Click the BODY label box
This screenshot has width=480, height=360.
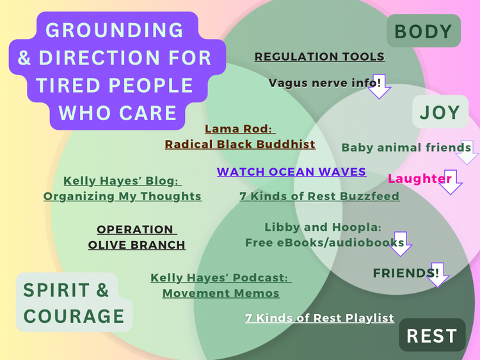pos(423,31)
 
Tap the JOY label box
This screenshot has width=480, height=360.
pos(440,113)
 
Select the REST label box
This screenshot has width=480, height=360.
pos(432,335)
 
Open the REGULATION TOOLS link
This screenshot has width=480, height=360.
pos(319,56)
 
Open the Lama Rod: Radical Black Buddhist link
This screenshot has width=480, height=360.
pos(240,137)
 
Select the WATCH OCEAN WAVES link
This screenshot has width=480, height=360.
pos(291,172)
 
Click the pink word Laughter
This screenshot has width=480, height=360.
pos(419,178)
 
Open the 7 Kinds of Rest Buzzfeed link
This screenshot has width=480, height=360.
pos(319,196)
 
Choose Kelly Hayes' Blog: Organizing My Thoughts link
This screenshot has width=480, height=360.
pos(122,189)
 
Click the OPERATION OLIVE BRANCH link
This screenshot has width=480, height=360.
pos(136,237)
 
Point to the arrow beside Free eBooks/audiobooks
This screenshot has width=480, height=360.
pos(401,244)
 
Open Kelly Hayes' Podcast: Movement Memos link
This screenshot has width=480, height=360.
pos(221,286)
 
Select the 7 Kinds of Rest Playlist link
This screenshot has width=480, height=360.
pos(319,318)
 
